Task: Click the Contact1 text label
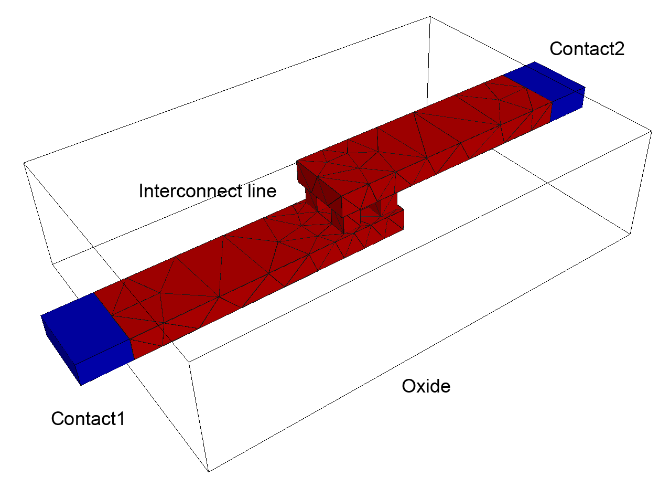pyautogui.click(x=88, y=419)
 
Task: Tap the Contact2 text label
pyautogui.click(x=587, y=49)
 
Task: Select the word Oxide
pyautogui.click(x=426, y=386)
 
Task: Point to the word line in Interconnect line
pyautogui.click(x=262, y=191)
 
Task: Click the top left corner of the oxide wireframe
pyautogui.click(x=24, y=163)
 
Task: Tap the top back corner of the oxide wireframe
pyautogui.click(x=430, y=16)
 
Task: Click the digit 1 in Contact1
pyautogui.click(x=121, y=419)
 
